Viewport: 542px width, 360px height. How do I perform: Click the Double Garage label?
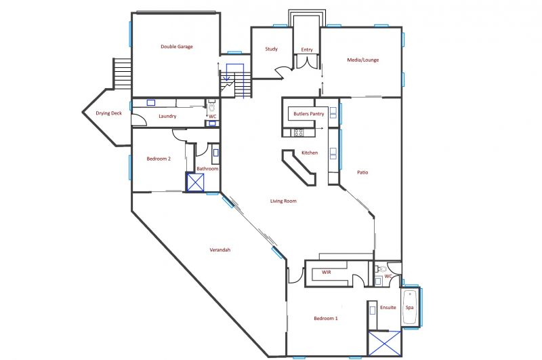(x=177, y=46)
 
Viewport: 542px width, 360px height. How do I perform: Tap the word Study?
(x=272, y=49)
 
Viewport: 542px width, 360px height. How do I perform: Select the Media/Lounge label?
(x=363, y=60)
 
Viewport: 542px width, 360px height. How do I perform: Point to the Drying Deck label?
(x=109, y=113)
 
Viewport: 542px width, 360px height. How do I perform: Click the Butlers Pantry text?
(x=309, y=113)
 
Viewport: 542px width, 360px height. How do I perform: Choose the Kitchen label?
(x=310, y=153)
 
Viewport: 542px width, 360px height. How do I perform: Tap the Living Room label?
(x=283, y=201)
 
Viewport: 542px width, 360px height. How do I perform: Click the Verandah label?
(x=220, y=249)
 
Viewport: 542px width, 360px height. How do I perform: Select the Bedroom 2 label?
(x=159, y=159)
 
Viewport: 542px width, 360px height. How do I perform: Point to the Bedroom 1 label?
(x=326, y=318)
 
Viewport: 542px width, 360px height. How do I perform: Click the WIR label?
(x=327, y=272)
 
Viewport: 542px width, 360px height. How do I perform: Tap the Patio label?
(x=362, y=172)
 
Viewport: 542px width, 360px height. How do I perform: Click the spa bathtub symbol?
(x=410, y=307)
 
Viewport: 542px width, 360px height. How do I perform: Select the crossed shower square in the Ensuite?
(x=385, y=343)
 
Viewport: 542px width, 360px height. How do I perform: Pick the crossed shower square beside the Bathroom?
(x=195, y=182)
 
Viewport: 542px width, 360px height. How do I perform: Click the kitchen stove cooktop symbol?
(x=299, y=132)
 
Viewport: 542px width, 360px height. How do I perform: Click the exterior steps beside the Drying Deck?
(x=123, y=73)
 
